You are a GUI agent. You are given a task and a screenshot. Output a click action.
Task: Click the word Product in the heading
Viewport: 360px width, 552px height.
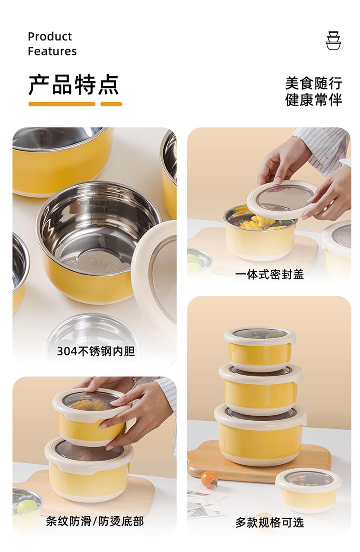(50, 37)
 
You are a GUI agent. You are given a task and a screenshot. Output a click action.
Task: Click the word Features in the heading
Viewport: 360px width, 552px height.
(52, 51)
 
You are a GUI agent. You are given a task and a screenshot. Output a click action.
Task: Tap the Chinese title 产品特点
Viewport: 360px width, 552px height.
(74, 85)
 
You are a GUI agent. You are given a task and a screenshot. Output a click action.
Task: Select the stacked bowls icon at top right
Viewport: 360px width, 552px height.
(333, 40)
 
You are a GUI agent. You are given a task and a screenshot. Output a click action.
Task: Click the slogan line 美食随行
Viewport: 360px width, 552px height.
(313, 83)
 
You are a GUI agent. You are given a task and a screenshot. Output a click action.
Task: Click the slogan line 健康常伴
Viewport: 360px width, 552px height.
(313, 100)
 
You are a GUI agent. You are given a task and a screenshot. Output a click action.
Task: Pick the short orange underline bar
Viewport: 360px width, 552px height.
(111, 104)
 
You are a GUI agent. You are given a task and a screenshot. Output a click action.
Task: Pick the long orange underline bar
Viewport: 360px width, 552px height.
(62, 104)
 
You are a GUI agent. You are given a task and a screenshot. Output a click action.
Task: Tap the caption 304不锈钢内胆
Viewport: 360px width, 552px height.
(96, 351)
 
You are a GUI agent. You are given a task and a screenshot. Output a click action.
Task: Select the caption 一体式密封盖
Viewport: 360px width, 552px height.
(269, 274)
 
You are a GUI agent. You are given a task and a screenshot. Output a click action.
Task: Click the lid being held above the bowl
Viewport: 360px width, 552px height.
(282, 199)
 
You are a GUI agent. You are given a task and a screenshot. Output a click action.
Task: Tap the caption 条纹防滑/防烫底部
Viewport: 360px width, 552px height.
(95, 521)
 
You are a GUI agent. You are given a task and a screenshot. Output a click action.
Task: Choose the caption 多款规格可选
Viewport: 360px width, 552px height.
(269, 522)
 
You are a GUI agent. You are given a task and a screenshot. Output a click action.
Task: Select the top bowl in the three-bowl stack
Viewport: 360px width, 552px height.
(260, 348)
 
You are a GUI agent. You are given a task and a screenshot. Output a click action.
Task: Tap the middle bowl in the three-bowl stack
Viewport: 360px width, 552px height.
(260, 387)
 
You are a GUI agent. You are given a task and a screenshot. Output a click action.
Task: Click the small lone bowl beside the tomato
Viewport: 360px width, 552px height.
(308, 490)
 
